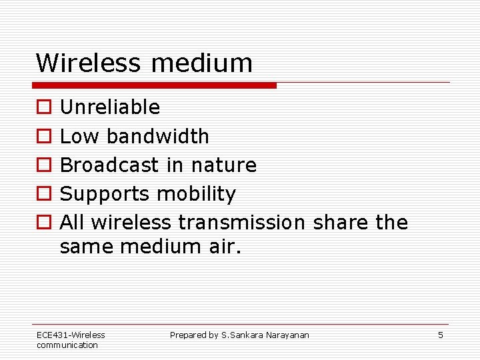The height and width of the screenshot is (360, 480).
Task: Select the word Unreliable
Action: (x=110, y=107)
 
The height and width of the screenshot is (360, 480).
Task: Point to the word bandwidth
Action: (x=158, y=137)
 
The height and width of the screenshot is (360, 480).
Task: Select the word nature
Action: (x=224, y=165)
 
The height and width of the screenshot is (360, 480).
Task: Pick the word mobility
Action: (x=196, y=195)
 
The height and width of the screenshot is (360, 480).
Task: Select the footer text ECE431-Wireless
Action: (x=71, y=335)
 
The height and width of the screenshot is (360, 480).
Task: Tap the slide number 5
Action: (x=440, y=335)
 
